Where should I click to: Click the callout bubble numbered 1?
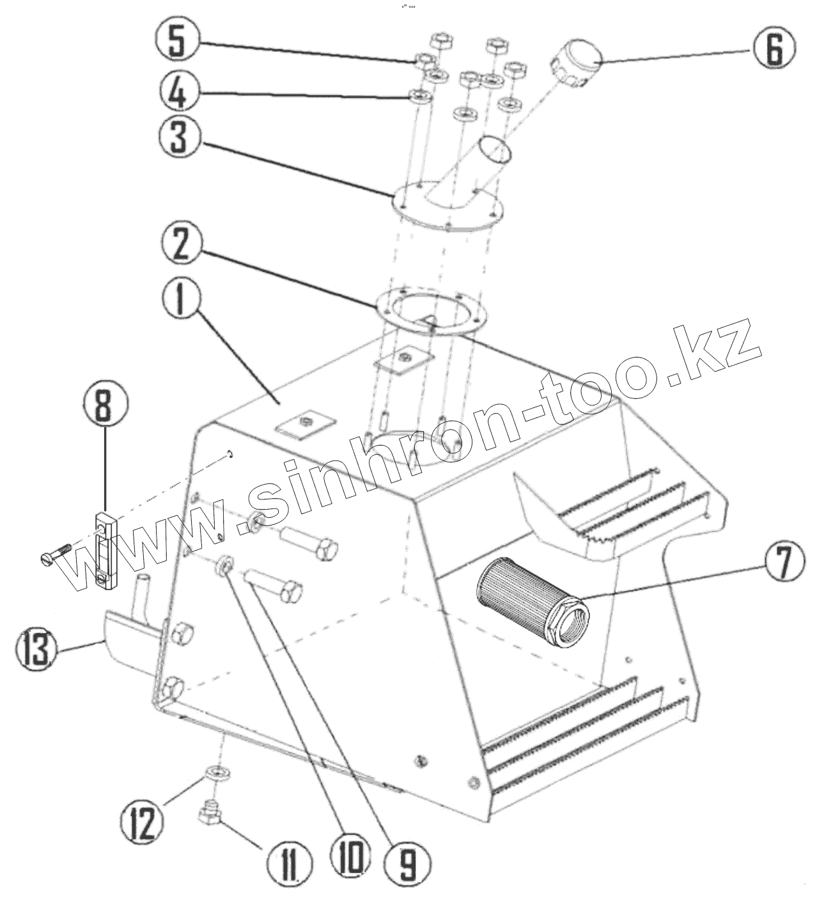[181, 301]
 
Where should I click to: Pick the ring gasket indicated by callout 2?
[432, 312]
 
